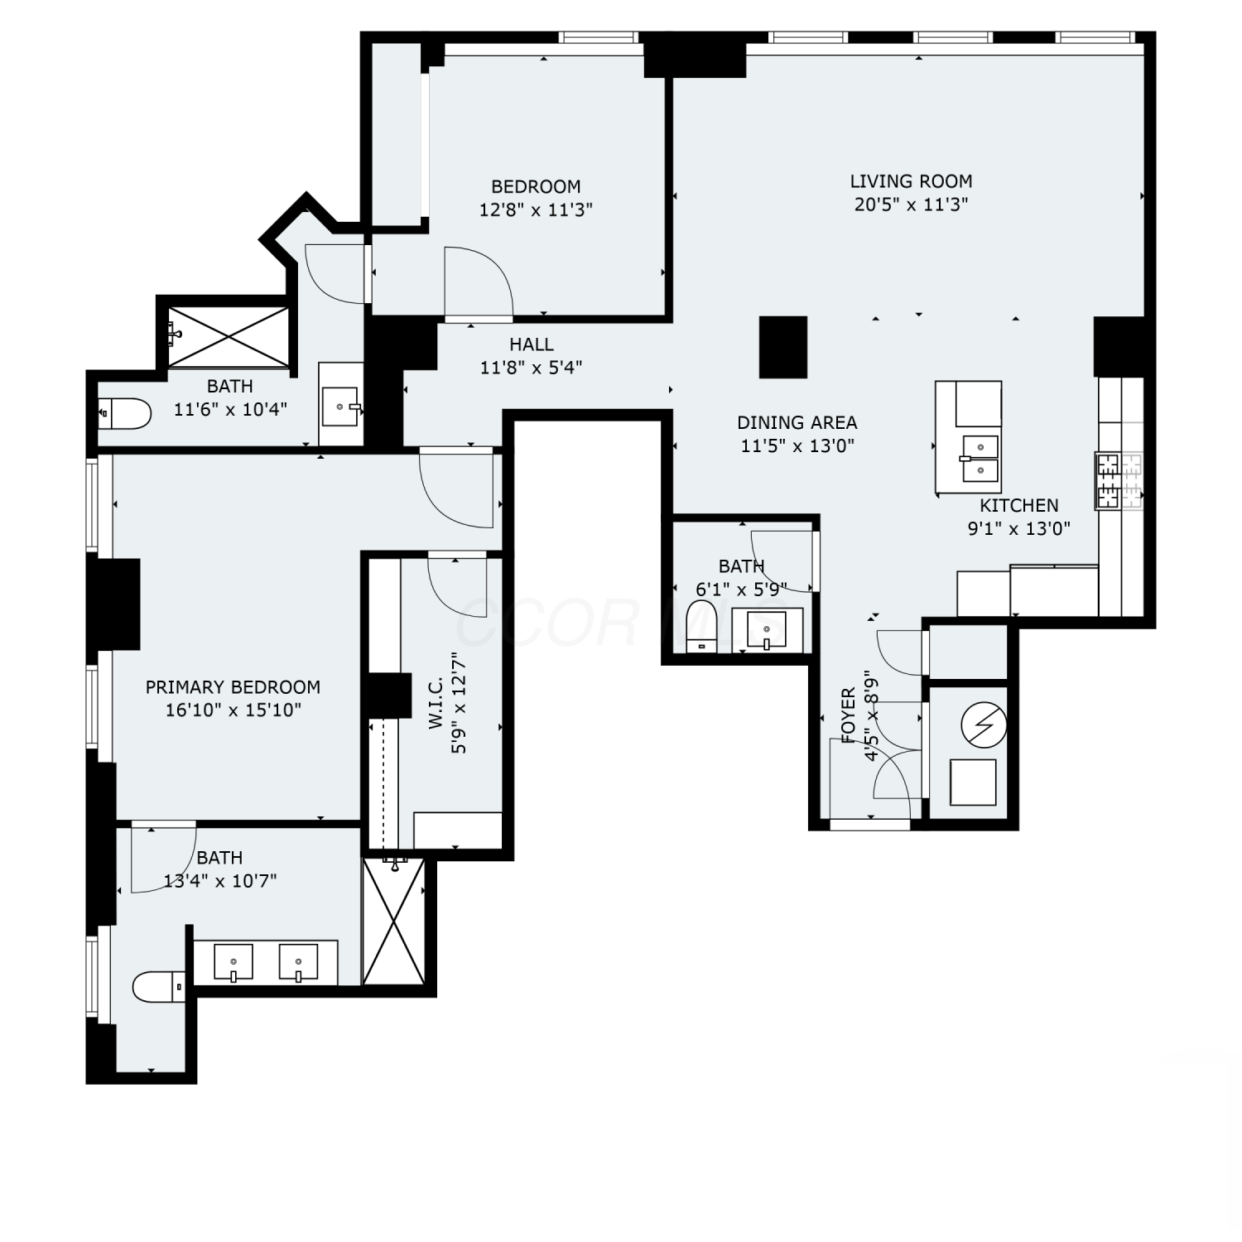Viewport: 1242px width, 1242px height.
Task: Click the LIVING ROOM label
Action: tap(911, 181)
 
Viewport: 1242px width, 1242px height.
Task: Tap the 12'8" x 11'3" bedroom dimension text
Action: tap(537, 209)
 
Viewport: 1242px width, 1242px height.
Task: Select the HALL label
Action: tap(532, 344)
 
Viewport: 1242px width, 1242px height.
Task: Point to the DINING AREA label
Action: tap(797, 423)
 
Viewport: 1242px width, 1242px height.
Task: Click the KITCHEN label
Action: tap(1019, 506)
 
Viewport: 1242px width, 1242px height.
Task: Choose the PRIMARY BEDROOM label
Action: tap(233, 687)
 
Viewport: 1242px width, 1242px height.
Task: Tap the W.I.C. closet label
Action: tap(436, 700)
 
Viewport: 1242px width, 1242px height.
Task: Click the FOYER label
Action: tap(848, 715)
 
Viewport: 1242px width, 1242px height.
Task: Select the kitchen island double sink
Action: tap(980, 459)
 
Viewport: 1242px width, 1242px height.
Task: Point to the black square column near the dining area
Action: tap(783, 347)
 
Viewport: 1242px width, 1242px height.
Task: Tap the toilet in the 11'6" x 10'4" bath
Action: tap(125, 412)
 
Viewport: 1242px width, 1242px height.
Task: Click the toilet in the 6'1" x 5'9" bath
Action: tap(701, 627)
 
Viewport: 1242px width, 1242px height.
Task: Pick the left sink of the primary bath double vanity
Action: tap(233, 962)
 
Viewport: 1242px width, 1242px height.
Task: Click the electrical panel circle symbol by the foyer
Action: tap(984, 726)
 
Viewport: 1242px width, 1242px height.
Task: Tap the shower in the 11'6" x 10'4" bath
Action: tap(229, 337)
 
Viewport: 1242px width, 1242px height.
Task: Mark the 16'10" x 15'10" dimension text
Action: tap(233, 710)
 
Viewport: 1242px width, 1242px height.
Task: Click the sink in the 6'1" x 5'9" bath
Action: tap(767, 628)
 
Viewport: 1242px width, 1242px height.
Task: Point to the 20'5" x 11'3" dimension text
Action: tap(911, 205)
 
